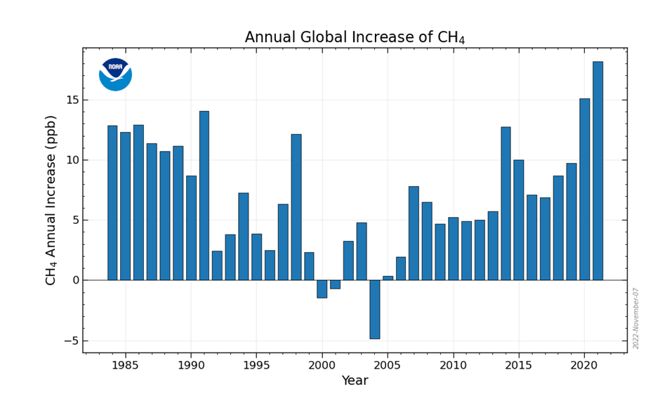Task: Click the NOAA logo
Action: click(x=115, y=74)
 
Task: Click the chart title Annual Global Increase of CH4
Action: click(x=355, y=37)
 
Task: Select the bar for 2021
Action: click(x=598, y=171)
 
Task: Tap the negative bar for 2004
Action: click(x=374, y=309)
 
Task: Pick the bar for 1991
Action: click(x=204, y=195)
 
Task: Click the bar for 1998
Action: click(x=296, y=207)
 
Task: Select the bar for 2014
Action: click(x=506, y=204)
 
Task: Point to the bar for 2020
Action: click(x=584, y=190)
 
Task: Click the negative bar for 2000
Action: click(x=322, y=289)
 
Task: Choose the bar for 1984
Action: click(x=112, y=203)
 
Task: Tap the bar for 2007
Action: click(x=414, y=233)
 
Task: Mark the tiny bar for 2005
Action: click(x=388, y=278)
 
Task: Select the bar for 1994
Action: click(x=243, y=237)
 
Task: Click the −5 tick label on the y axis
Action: click(x=69, y=341)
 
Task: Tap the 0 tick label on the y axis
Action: click(x=74, y=280)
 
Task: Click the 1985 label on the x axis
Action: click(x=125, y=365)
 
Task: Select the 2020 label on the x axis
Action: click(x=584, y=365)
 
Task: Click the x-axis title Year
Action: click(x=355, y=381)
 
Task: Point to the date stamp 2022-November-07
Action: click(x=636, y=318)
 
